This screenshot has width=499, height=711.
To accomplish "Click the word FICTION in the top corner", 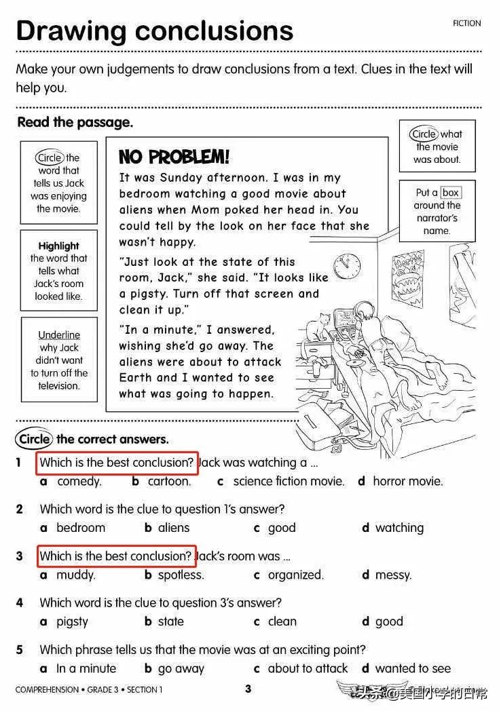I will [x=466, y=24].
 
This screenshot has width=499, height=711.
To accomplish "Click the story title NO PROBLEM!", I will [x=174, y=157].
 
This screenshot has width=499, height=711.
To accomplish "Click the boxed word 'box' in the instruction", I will [x=450, y=193].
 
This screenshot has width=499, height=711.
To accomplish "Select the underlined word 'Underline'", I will [x=59, y=335].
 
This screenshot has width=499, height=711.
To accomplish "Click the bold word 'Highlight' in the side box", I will [x=59, y=246].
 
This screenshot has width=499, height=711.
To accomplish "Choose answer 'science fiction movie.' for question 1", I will [x=289, y=481].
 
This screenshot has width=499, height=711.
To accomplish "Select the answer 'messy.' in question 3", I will [x=393, y=575].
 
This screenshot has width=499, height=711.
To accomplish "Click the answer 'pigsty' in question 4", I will [x=72, y=621].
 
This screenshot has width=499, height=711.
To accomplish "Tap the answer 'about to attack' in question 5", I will [x=308, y=668].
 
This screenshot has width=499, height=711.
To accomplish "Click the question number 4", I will [x=20, y=602].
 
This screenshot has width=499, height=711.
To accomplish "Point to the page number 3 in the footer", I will [x=248, y=689].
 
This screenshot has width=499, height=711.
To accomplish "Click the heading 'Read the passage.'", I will [x=75, y=123].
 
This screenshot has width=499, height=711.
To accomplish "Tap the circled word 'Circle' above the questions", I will [x=35, y=439].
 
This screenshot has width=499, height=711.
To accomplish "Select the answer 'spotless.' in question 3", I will [x=181, y=575].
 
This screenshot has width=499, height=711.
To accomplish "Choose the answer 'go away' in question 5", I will [x=181, y=668].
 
